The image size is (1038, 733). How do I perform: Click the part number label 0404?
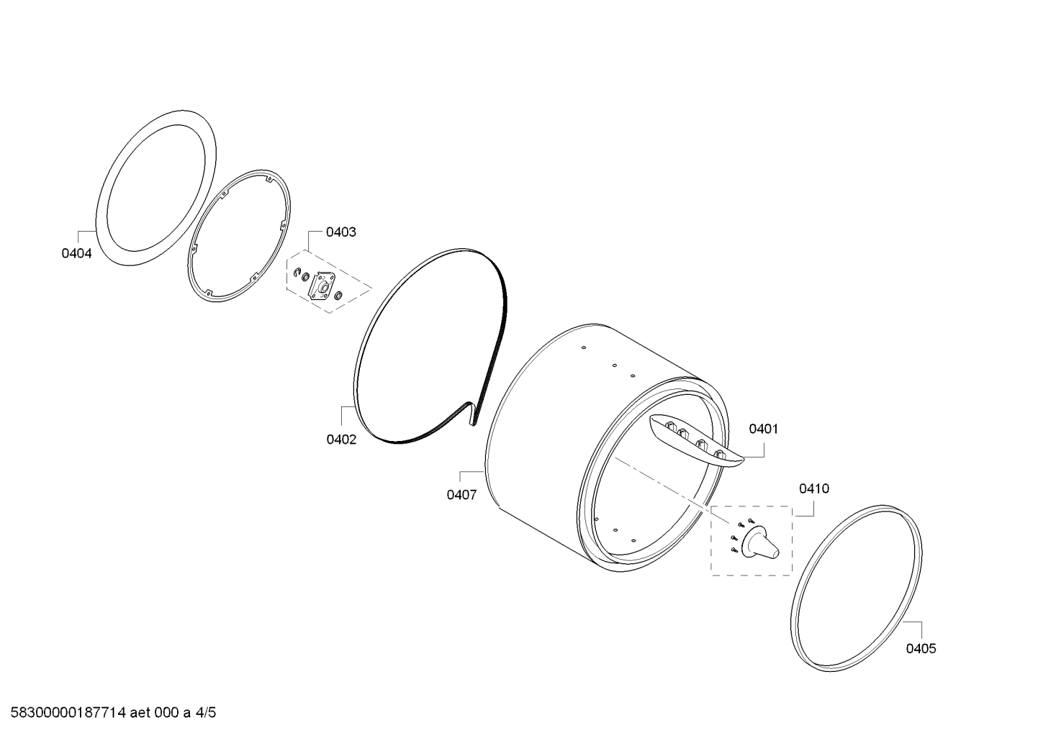(x=76, y=253)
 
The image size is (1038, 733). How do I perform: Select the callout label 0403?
(x=341, y=232)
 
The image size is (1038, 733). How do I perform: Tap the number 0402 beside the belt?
(x=341, y=440)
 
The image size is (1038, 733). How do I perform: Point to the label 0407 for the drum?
(x=461, y=495)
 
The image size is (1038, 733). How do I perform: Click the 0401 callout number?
(x=764, y=429)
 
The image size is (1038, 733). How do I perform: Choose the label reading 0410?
(x=814, y=488)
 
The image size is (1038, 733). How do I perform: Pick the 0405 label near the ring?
(x=921, y=649)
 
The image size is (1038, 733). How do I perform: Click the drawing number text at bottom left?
(x=114, y=713)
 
